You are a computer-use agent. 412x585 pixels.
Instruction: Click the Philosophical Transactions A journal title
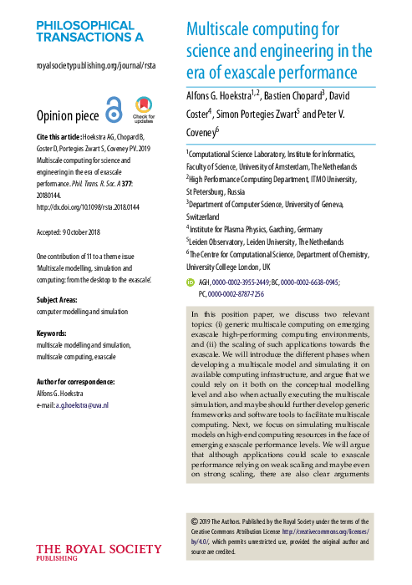pyautogui.click(x=90, y=30)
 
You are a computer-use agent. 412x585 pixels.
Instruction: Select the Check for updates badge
pyautogui.click(x=144, y=109)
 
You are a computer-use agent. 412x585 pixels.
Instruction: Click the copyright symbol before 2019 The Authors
pyautogui.click(x=195, y=517)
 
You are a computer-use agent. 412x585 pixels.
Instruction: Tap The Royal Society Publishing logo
pyautogui.click(x=99, y=552)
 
